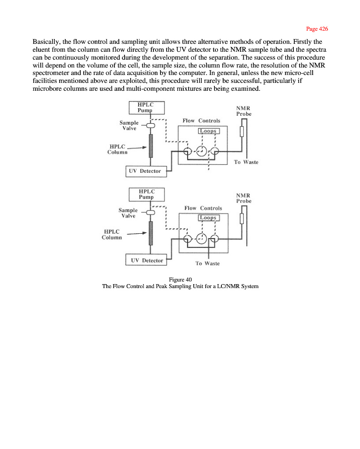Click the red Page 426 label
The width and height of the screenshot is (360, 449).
coord(317,29)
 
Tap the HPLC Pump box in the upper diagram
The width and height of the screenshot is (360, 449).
coord(146,107)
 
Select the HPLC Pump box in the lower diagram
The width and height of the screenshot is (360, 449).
coord(146,194)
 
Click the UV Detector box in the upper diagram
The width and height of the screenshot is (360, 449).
coord(146,171)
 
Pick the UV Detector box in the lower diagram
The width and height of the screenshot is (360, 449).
coord(146,260)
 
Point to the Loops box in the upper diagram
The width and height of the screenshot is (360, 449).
coord(208,131)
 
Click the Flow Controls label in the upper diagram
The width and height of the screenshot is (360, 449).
coord(201,120)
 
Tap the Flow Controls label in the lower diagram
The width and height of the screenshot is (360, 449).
coord(203,208)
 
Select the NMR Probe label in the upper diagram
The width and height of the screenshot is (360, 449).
coord(244,111)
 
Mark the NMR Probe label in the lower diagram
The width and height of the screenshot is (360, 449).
coord(244,198)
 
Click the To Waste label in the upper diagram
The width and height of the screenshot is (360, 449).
coord(246,162)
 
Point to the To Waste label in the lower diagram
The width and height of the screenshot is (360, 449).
coord(207,263)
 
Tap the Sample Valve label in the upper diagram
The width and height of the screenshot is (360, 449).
coord(129,125)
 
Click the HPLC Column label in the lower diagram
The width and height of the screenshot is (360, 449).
coord(112,235)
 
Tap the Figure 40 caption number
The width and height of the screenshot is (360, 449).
coord(180,279)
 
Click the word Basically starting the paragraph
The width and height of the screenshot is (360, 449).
coord(46,42)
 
